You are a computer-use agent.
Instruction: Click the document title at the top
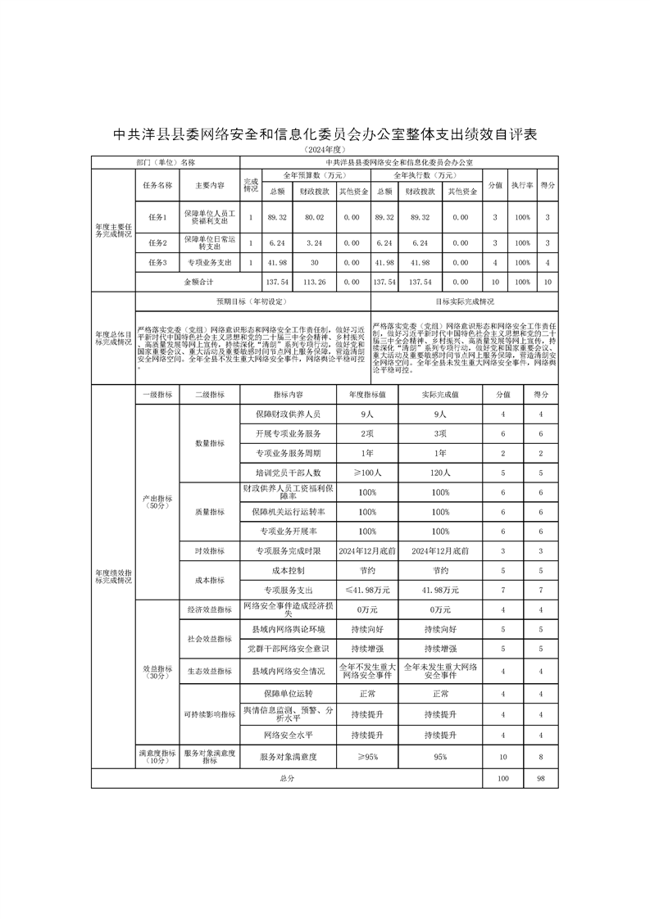325,134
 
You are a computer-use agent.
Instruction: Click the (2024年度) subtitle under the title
325,151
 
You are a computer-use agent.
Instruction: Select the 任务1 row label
157,217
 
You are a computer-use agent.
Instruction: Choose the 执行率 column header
522,186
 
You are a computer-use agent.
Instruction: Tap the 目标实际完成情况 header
465,301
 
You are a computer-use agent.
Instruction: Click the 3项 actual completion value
441,433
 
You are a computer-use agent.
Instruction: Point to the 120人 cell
441,473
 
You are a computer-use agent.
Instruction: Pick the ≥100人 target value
367,473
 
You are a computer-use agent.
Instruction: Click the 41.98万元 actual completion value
441,590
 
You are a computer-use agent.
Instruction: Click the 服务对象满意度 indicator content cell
288,757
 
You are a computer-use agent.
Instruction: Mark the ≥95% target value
367,757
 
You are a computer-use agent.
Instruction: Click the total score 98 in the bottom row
540,778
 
